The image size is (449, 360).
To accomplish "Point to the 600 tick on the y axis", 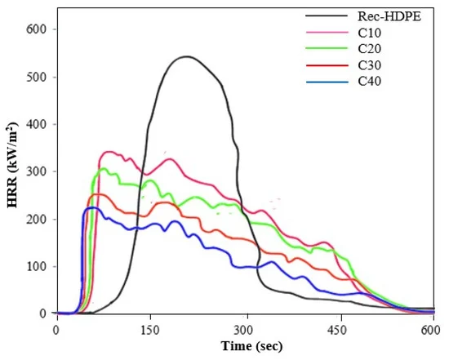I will point(37,29).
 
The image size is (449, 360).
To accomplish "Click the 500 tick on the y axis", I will point(37,77).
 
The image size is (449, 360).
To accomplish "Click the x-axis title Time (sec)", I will point(251,346).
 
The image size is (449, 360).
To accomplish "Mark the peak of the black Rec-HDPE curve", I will point(186,56).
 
